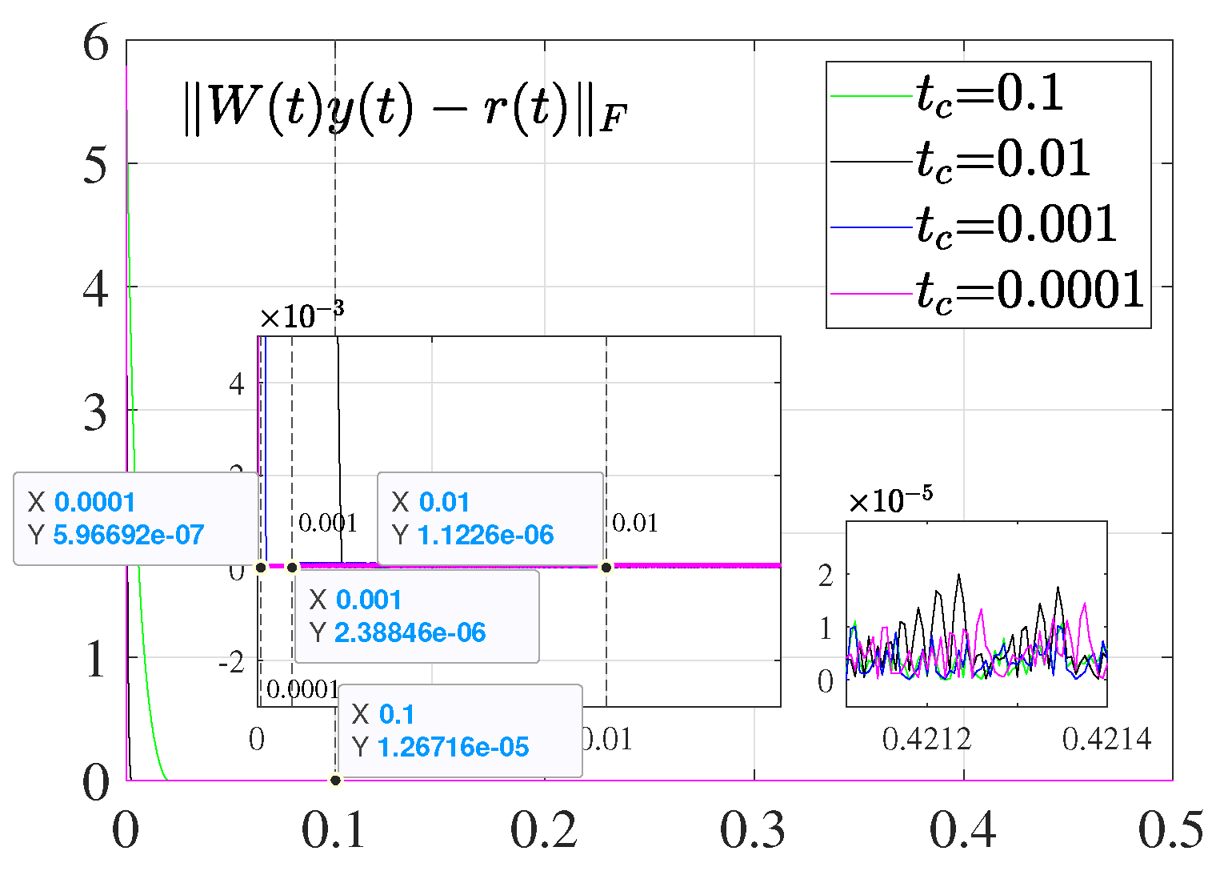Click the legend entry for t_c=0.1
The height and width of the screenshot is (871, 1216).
click(x=989, y=94)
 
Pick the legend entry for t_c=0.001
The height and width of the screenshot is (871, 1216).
click(x=1016, y=226)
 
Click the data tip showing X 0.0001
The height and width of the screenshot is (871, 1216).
click(x=136, y=519)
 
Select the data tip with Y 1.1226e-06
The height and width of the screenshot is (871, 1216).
click(x=490, y=519)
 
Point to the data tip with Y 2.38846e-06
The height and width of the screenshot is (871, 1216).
click(x=416, y=616)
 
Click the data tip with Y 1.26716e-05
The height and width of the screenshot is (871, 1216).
click(x=459, y=731)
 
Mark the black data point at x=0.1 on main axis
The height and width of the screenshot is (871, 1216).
click(x=335, y=780)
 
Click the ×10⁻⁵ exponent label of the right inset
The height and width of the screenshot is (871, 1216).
click(x=890, y=501)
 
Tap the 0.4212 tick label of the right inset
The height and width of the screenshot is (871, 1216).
click(x=926, y=739)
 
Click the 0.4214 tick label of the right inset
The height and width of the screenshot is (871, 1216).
click(x=1106, y=739)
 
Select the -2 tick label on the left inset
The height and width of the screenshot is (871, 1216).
click(x=232, y=663)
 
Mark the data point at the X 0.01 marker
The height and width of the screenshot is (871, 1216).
click(x=606, y=568)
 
